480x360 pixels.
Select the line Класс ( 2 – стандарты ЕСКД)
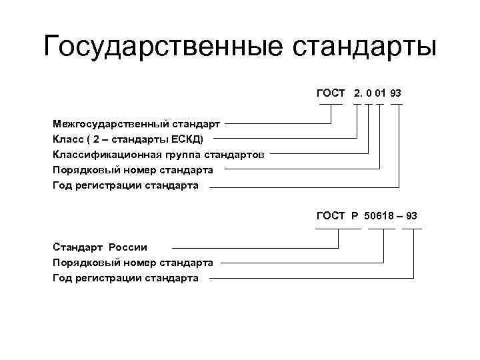point(130,139)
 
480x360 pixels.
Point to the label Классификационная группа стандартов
point(159,154)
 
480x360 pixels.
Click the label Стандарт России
point(100,247)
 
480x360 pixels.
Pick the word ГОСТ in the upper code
point(331,93)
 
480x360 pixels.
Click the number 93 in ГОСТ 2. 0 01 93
point(396,93)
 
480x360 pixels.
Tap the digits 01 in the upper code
point(379,93)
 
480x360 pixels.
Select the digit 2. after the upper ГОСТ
point(359,93)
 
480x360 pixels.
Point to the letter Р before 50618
point(355,215)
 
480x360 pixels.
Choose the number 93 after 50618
point(411,215)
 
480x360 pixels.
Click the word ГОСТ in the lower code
point(331,215)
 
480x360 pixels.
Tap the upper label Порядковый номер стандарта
point(133,169)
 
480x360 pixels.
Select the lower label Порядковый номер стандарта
point(133,262)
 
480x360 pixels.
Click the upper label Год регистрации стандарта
point(125,185)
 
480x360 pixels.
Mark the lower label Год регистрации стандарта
point(125,277)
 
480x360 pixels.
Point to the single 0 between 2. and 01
point(368,93)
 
